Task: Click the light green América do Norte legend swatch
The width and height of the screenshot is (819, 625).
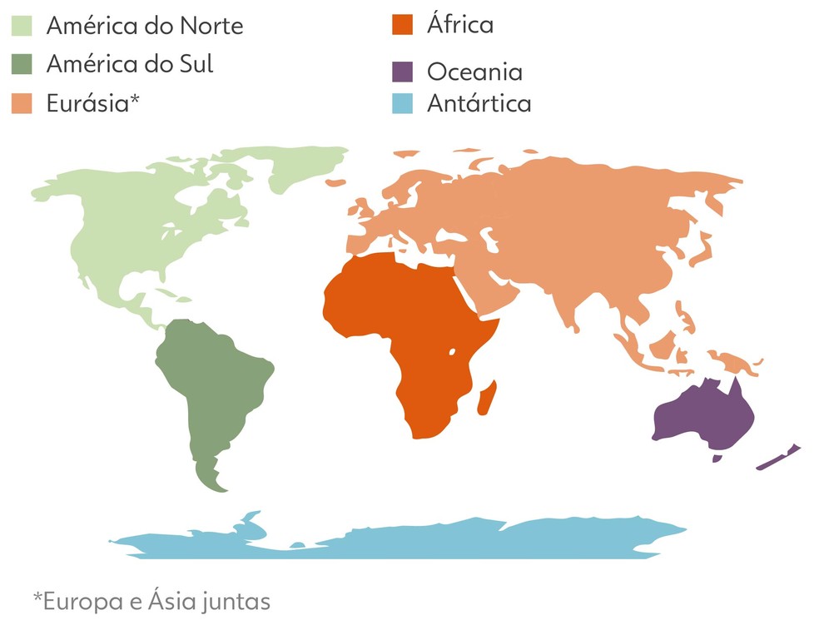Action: pos(22,26)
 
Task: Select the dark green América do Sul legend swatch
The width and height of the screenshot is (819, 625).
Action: pos(22,64)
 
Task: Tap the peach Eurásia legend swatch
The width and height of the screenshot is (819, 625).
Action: pos(22,103)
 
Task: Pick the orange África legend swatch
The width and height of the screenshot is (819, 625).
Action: pos(403,24)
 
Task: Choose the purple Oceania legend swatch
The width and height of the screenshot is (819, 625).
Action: pos(403,72)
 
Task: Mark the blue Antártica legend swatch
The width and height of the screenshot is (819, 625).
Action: pos(403,104)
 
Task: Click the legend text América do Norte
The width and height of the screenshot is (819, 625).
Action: pos(145,26)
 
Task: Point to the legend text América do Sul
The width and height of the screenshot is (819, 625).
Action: pos(130,64)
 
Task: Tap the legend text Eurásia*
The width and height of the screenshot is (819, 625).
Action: pos(92,104)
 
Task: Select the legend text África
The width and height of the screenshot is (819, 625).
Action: pos(460,24)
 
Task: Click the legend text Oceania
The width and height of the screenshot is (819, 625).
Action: pos(474,72)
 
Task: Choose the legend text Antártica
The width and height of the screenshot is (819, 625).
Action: pos(479,104)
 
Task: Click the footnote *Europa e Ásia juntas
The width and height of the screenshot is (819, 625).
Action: pos(151,599)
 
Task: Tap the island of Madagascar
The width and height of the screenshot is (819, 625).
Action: pos(487,396)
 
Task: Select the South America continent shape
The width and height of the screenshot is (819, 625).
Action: pos(212,383)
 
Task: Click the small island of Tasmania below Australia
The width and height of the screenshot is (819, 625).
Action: pos(717,456)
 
